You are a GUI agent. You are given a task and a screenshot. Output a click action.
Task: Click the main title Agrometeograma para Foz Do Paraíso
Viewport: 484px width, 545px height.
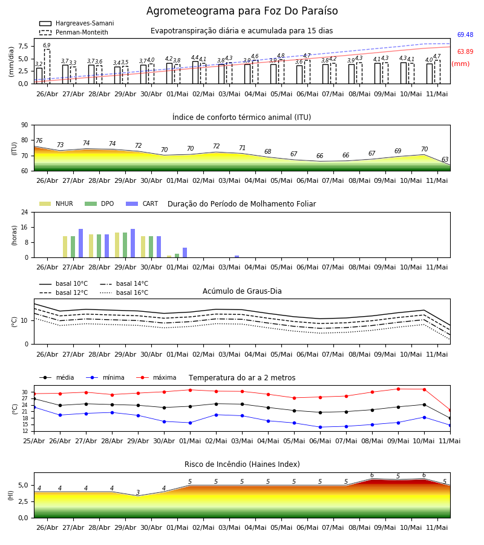coord(242,11)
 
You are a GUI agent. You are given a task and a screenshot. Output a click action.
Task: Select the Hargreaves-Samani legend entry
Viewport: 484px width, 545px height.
coord(76,23)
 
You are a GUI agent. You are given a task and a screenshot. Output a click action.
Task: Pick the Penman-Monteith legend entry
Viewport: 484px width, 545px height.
coord(74,32)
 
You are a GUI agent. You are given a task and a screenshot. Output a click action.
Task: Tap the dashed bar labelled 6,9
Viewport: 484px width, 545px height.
coord(47,67)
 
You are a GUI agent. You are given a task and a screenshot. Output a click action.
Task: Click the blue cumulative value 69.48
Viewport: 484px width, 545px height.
coord(465,35)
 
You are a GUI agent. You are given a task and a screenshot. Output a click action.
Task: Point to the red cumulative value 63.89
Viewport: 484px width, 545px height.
coord(465,52)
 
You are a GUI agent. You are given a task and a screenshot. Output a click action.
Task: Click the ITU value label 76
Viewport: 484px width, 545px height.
coord(39,140)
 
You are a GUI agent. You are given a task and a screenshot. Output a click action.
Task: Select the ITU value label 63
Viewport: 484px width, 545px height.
coord(445,159)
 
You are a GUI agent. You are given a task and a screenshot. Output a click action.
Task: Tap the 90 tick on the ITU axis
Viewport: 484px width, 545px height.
coord(25,125)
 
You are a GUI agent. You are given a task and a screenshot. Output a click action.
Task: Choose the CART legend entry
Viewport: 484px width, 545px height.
coord(142,203)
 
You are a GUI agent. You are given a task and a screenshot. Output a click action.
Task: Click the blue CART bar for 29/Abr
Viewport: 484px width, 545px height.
coord(132,243)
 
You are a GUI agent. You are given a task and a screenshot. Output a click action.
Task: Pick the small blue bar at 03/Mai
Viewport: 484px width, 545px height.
coord(237,257)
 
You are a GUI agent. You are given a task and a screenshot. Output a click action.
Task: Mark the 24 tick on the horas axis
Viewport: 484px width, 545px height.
coord(25,212)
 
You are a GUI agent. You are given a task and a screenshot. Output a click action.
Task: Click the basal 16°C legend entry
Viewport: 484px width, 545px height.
coord(124,292)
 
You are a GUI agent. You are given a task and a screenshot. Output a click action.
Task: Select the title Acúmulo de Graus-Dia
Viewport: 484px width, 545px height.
coord(242,291)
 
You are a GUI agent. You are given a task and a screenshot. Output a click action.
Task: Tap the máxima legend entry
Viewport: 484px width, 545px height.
coord(156,377)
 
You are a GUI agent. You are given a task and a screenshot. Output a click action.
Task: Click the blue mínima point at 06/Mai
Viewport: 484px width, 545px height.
coord(320,427)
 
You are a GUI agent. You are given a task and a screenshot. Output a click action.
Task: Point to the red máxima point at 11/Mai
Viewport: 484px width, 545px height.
coord(450,411)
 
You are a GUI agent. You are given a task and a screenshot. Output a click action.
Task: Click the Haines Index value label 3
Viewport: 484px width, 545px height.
coord(138,492)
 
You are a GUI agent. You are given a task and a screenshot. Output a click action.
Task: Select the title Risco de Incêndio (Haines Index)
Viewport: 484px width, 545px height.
coord(242,464)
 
